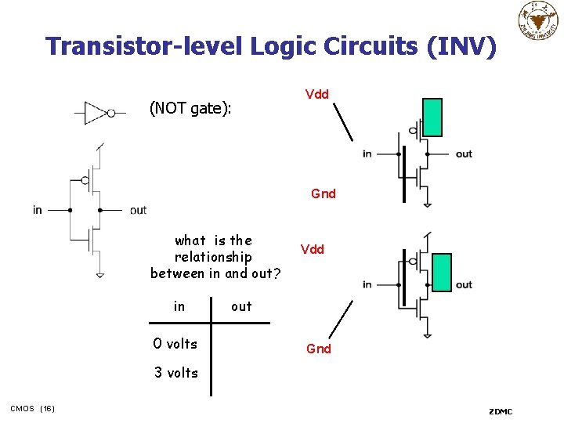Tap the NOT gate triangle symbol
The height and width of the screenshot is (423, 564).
(x=96, y=113)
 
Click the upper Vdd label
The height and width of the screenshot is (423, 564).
(x=316, y=95)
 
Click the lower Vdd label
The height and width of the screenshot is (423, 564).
(x=312, y=249)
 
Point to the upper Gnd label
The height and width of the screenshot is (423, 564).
(x=323, y=193)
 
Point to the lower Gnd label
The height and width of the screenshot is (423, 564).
(x=318, y=349)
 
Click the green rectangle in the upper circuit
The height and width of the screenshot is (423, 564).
(x=432, y=117)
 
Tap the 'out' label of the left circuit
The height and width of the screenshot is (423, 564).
(x=138, y=210)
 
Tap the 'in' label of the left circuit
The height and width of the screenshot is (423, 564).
(x=38, y=210)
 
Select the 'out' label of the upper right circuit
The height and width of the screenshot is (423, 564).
(x=464, y=154)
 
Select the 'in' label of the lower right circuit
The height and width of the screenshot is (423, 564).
(x=367, y=284)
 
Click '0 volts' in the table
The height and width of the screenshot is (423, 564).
(x=175, y=343)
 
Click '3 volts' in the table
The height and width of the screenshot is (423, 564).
(x=175, y=373)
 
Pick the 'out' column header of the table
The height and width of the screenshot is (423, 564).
(x=241, y=306)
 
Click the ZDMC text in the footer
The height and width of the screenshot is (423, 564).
(x=501, y=411)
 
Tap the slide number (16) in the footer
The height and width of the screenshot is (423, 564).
(x=47, y=408)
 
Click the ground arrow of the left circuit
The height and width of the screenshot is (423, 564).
(x=100, y=274)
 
